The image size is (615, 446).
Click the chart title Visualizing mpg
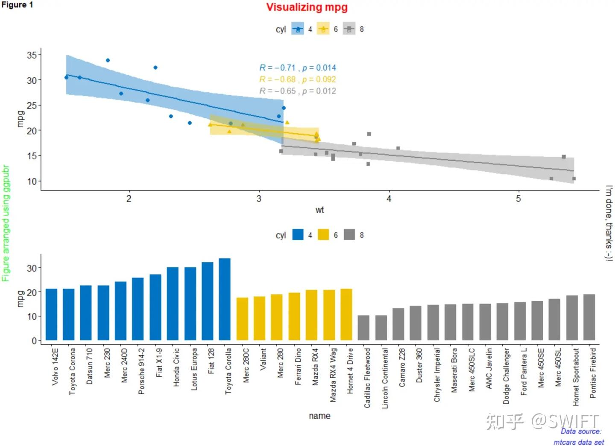point(307,7)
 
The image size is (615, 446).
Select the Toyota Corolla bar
point(225,299)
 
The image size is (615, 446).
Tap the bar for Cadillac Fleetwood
point(363,328)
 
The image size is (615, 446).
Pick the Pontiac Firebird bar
point(589,317)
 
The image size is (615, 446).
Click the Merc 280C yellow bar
point(242,319)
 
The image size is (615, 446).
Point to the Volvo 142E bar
point(51,314)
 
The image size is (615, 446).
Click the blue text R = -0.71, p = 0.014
point(297,67)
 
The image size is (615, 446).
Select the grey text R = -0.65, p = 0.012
point(297,91)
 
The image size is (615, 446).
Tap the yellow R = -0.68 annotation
point(297,79)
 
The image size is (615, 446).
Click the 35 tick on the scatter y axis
point(32,55)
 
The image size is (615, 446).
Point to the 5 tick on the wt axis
point(518,199)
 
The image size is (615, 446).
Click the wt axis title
point(319,210)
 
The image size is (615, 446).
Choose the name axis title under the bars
point(319,416)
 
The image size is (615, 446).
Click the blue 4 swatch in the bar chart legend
point(298,235)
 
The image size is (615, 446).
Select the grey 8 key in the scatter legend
point(349,29)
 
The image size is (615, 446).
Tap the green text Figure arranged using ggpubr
point(6,223)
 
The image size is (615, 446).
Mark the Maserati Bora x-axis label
point(454,370)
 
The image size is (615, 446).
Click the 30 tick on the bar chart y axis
point(32,268)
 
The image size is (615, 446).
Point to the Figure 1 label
point(17,5)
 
